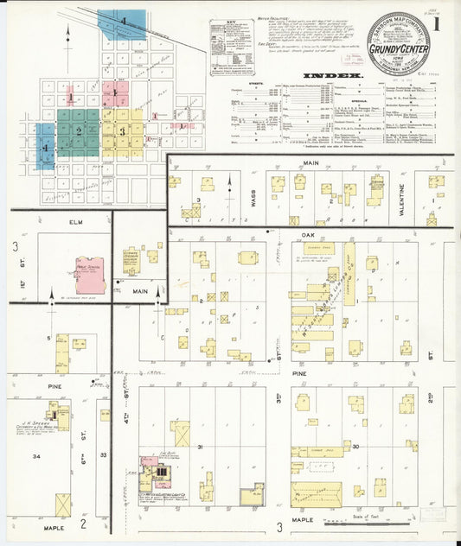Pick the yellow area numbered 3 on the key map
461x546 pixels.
click(123, 131)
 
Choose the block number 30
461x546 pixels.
click(355, 446)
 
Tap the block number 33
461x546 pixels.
click(104, 454)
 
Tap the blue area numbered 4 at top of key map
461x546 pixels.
click(122, 22)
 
